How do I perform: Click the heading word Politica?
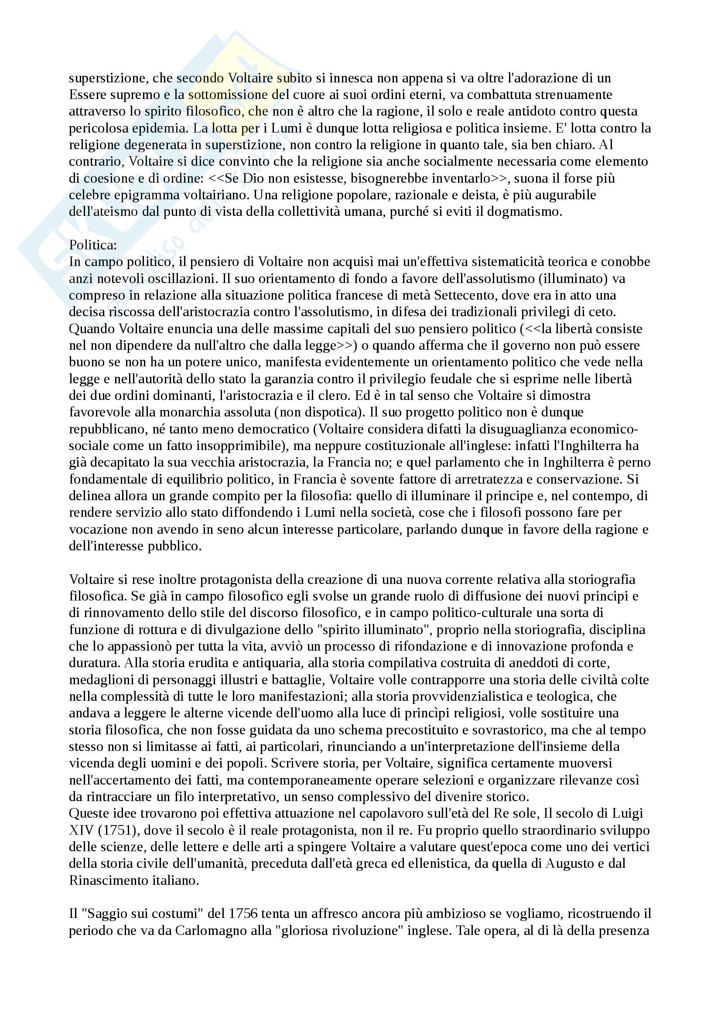[93, 245]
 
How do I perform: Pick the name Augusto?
[569, 863]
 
